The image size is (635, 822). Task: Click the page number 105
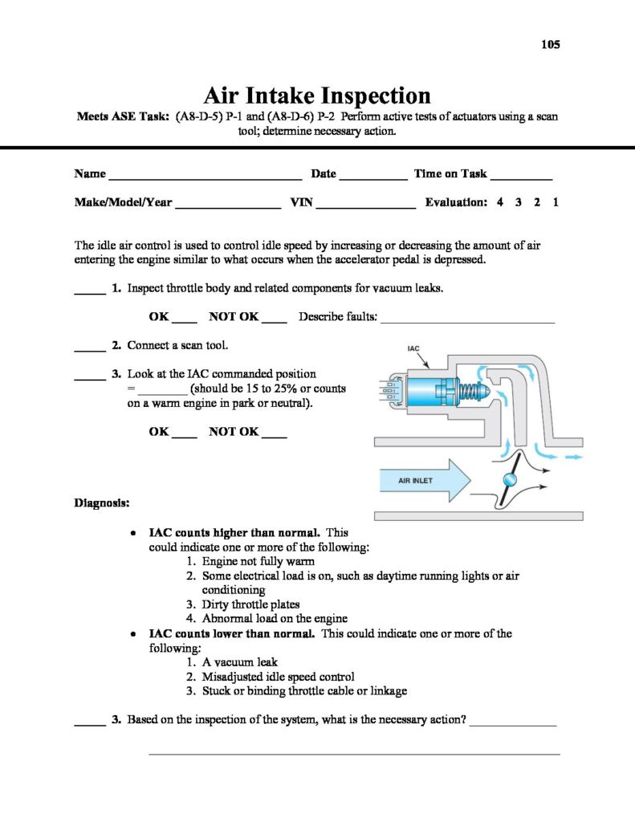[550, 44]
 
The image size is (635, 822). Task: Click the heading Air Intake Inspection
[317, 96]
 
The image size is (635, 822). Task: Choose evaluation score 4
[500, 203]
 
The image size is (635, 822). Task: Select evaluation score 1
[556, 203]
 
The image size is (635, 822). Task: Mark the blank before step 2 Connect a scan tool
[90, 349]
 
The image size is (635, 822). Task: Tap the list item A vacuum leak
[240, 662]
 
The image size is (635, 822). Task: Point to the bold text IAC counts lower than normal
[233, 633]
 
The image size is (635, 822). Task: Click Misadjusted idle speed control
[278, 677]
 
